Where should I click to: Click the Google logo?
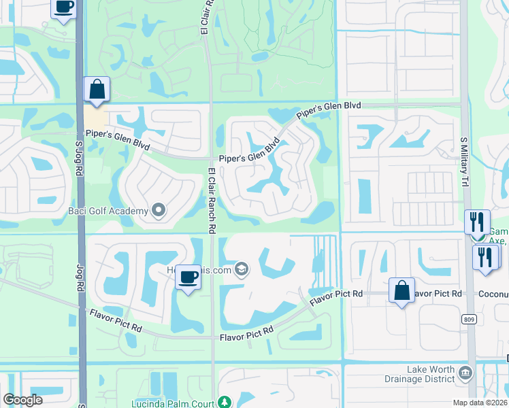point(22,400)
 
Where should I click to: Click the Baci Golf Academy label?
point(108,211)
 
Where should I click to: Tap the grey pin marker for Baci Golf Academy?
point(159,211)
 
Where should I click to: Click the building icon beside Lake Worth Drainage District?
point(465,372)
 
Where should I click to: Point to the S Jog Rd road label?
point(79,152)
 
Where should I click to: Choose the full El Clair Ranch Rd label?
point(212,201)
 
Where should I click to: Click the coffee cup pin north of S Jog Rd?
point(63,8)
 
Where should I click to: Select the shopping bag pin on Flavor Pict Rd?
point(401,290)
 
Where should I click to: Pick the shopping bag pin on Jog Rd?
point(97,89)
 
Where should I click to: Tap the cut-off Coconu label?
point(493,293)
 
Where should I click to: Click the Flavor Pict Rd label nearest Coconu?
point(436,293)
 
